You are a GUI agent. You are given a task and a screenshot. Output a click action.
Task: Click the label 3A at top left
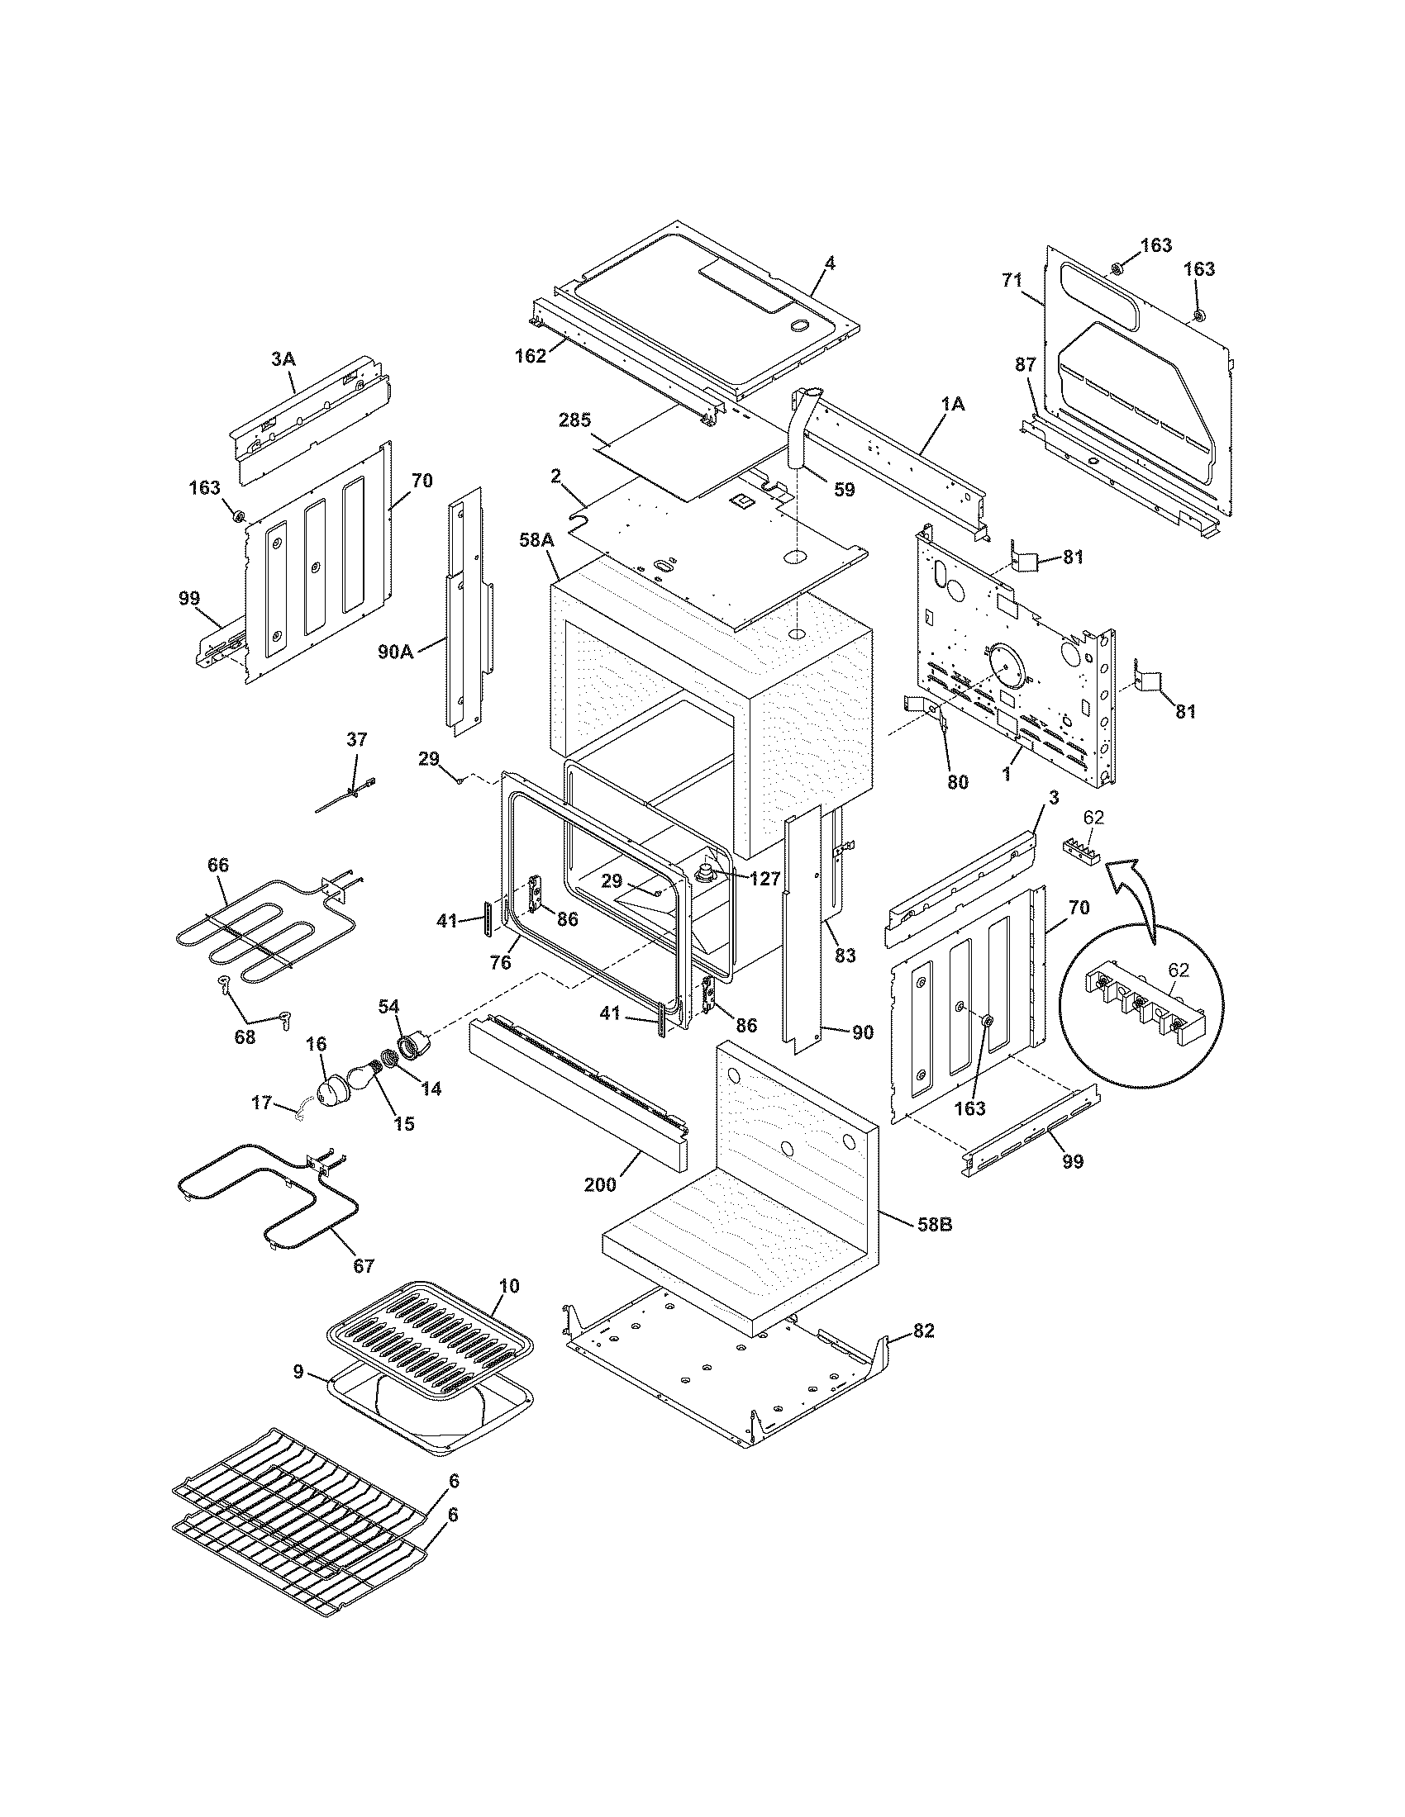[x=283, y=359]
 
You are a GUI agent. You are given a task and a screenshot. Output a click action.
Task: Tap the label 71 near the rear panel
[x=1012, y=281]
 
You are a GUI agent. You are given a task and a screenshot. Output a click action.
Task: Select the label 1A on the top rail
[x=953, y=404]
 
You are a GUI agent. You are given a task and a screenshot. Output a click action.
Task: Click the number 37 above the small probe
[x=356, y=740]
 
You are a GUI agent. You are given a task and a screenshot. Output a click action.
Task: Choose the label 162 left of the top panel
[x=531, y=356]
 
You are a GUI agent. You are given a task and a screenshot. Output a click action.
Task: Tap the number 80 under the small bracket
[x=958, y=781]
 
